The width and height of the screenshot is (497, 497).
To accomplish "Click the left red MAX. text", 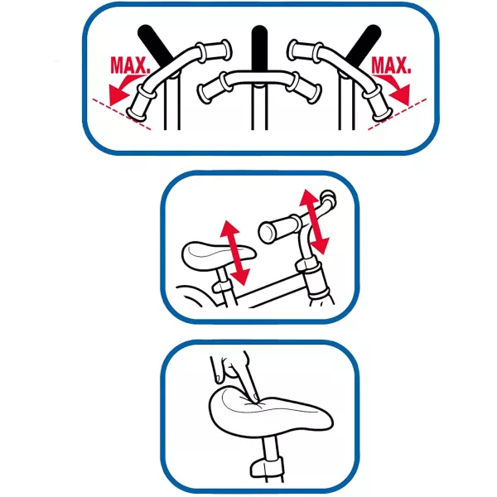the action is point(129,65).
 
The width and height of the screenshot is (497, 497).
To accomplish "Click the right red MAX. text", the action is point(391,65).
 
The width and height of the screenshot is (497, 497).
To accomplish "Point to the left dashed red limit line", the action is point(122,114).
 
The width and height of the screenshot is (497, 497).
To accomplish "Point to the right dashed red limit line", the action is point(397,114).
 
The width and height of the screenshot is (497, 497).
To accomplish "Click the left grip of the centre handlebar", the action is point(211,89).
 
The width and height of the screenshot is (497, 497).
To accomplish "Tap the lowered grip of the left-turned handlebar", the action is point(141,104).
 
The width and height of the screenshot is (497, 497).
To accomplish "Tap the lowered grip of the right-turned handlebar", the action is point(378,104).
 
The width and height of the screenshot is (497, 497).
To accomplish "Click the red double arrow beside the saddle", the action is point(235,253).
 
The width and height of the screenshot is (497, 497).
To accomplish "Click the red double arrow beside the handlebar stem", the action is point(315,222).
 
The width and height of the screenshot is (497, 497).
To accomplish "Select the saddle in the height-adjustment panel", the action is point(219,256).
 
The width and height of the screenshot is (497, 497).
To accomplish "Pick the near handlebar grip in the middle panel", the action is point(280,229).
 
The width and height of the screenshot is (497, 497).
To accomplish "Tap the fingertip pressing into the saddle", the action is point(255,396).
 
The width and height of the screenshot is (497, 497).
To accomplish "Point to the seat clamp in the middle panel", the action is point(222,287).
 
